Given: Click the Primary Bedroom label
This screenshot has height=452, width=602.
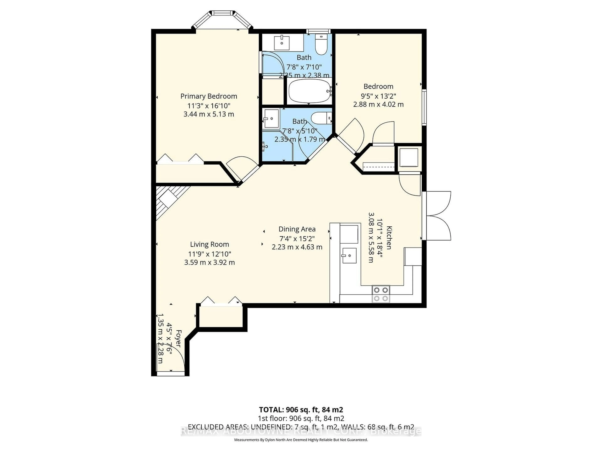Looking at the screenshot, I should (209, 96).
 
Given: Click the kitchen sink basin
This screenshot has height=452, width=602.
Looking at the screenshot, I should (349, 255).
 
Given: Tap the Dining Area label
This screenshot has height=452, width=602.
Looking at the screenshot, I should (297, 229).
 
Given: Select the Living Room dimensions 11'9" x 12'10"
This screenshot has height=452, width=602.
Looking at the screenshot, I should (210, 254).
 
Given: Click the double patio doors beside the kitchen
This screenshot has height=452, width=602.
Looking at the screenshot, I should (438, 216).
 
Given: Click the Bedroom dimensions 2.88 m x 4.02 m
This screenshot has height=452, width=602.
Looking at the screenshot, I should (378, 104).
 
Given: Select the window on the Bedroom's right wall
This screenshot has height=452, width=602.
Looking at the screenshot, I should (424, 107).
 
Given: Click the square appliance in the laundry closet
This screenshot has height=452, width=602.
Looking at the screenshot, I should (408, 158).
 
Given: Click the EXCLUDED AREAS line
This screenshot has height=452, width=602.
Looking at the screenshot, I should (301, 427).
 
